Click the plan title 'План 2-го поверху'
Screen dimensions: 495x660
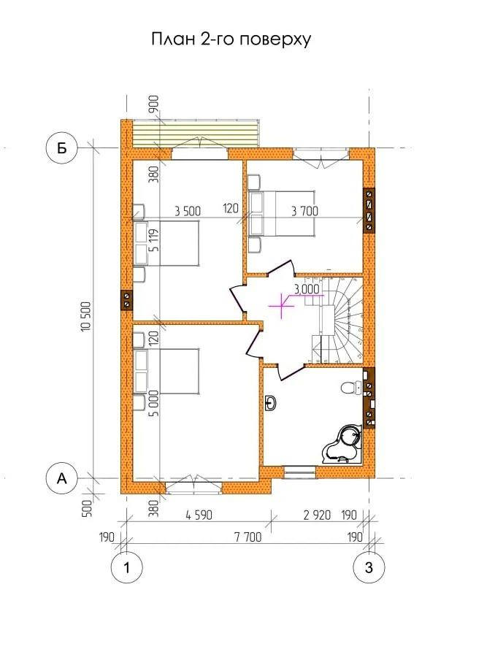point(231,39)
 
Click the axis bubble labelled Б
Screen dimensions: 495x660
point(62,148)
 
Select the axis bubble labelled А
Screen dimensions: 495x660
point(62,479)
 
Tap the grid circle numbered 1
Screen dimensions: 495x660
point(127,568)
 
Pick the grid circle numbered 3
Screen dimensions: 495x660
point(369,568)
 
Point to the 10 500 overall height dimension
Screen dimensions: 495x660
point(87,316)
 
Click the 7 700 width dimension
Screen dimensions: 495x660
point(247,537)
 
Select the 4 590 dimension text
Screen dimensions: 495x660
point(199,515)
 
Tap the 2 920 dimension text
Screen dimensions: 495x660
point(317,515)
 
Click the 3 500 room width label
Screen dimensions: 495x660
point(188,211)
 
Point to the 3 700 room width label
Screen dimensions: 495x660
point(304,211)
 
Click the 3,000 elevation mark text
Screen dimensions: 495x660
point(307,289)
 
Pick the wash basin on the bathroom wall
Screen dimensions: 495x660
point(270,403)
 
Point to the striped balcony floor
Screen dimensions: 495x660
point(195,134)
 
